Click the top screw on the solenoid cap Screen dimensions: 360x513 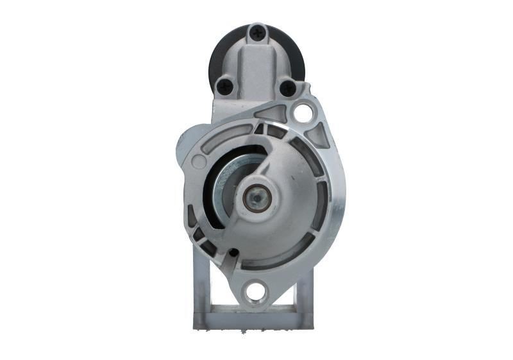[258, 30]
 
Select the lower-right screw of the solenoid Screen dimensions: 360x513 [288, 88]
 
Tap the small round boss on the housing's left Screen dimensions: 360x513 [199, 162]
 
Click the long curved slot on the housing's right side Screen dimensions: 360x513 [323, 193]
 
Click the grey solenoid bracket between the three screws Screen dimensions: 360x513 [256, 64]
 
